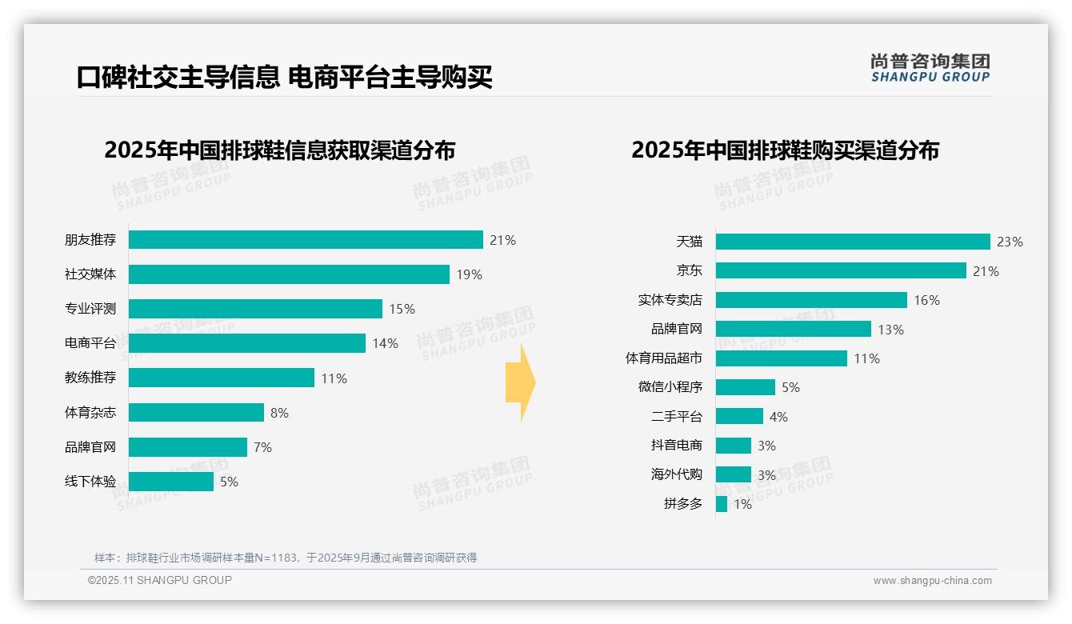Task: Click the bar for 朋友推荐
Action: click(x=306, y=240)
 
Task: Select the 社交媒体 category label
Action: click(x=90, y=274)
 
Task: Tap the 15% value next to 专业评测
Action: click(x=402, y=309)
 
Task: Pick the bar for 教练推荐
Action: click(x=222, y=378)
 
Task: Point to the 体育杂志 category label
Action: click(x=90, y=413)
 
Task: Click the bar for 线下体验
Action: click(x=171, y=482)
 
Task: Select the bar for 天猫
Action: click(x=853, y=242)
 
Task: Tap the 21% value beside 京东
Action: click(x=986, y=271)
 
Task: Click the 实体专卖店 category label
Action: click(x=670, y=300)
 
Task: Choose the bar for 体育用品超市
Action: click(x=781, y=358)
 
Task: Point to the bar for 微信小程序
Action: click(x=745, y=387)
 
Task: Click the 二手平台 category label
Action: click(x=677, y=417)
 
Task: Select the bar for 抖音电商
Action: click(x=733, y=446)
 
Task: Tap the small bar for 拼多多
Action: click(x=722, y=504)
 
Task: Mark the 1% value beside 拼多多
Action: click(x=742, y=505)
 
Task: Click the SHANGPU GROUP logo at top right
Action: click(x=930, y=68)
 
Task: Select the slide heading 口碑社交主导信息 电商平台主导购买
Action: click(x=284, y=77)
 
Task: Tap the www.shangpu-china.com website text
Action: click(x=932, y=581)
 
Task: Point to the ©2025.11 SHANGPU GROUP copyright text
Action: click(x=160, y=580)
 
